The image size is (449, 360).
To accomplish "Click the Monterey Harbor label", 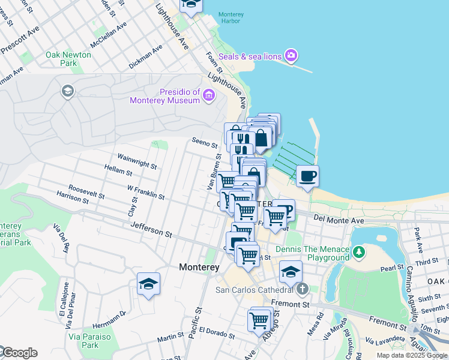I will (x=229, y=17).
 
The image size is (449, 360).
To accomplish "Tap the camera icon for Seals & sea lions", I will (x=291, y=56).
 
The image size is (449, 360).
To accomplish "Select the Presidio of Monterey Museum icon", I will (x=209, y=95).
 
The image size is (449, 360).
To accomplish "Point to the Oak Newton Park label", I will (x=68, y=59).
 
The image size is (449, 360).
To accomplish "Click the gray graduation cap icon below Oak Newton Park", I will (x=67, y=91).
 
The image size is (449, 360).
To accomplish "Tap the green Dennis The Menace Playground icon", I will (x=359, y=251).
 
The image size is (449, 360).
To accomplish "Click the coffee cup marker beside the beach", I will (x=307, y=176).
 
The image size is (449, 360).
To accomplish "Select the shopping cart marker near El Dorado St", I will (x=259, y=320).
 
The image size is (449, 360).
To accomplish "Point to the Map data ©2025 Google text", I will (x=412, y=355).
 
